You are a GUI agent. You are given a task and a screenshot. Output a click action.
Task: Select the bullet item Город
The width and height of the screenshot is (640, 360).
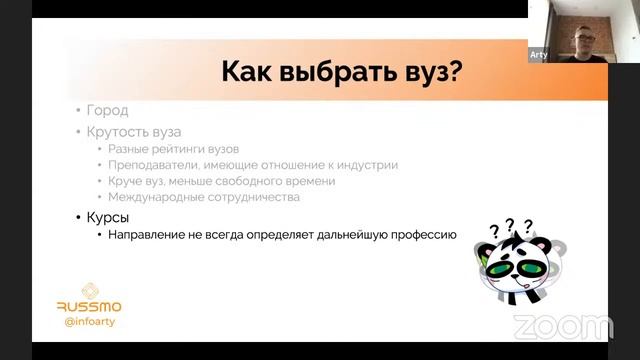(107, 111)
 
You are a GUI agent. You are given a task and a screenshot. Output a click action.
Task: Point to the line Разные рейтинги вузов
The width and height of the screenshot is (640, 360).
(173, 149)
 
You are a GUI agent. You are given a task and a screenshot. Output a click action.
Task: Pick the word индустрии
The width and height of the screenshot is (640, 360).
(367, 165)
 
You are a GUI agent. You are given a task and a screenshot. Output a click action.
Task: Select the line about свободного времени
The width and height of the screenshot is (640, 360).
(222, 181)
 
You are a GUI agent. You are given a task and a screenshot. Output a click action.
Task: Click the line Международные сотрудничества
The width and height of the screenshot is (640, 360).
(204, 197)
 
